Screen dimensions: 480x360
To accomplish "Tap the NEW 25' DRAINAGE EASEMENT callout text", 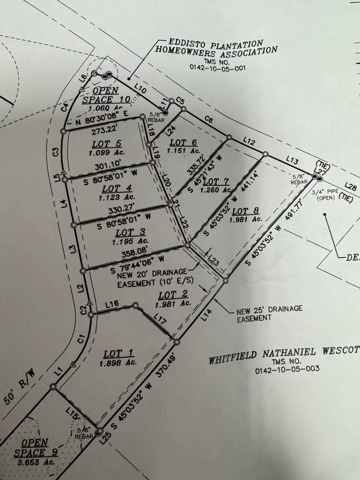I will tap(269, 313).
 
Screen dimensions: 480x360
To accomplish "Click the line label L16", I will tap(112, 304).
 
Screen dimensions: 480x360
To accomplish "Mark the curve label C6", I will tap(208, 119).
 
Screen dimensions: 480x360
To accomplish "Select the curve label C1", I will tap(81, 340).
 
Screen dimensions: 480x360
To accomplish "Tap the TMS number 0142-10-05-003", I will tap(287, 369).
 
